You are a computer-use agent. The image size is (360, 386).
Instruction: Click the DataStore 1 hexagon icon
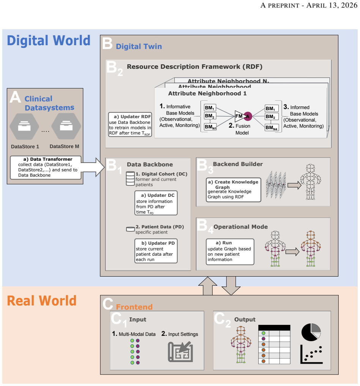pyautogui.click(x=24, y=126)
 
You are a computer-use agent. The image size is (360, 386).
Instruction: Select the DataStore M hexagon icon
pyautogui.click(x=66, y=126)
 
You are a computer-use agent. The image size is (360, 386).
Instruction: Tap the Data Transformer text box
pyautogui.click(x=46, y=168)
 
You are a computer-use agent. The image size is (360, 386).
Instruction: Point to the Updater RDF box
pyautogui.click(x=130, y=125)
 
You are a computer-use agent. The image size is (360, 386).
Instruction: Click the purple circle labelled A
pyautogui.click(x=248, y=116)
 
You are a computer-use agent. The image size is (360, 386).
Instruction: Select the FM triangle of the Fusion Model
pyautogui.click(x=240, y=116)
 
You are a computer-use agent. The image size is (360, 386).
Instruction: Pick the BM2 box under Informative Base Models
pyautogui.click(x=210, y=116)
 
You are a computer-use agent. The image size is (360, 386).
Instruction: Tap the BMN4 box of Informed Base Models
pyautogui.click(x=272, y=128)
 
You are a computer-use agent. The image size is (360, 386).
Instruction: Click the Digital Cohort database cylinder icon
pyautogui.click(x=130, y=179)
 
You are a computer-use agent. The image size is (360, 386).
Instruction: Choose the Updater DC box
pyautogui.click(x=156, y=203)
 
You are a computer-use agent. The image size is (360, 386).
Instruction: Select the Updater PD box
pyautogui.click(x=156, y=251)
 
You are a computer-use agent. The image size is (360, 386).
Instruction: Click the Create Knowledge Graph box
pyautogui.click(x=233, y=190)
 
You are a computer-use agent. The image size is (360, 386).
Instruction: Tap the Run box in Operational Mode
pyautogui.click(x=230, y=252)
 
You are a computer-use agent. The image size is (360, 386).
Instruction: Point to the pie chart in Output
pyautogui.click(x=311, y=332)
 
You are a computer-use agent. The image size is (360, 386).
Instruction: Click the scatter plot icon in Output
pyautogui.click(x=311, y=354)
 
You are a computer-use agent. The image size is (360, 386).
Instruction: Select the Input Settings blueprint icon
pyautogui.click(x=180, y=351)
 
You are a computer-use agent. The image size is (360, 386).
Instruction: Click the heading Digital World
pyautogui.click(x=49, y=41)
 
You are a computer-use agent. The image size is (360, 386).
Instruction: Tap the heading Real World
pyautogui.click(x=42, y=301)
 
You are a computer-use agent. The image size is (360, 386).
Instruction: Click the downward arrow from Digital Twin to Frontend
pyautogui.click(x=231, y=286)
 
